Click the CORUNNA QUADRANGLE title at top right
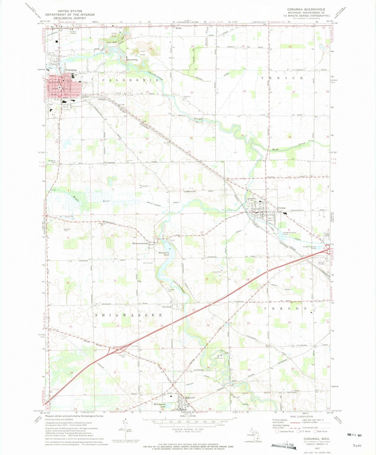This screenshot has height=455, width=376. (306, 9)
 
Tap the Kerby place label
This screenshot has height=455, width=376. (179, 28)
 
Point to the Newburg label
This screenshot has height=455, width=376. (167, 307)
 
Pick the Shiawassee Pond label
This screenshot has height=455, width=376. (164, 254)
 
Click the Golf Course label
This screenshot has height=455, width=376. (148, 263)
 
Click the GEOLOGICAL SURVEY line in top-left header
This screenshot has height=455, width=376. (70, 18)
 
